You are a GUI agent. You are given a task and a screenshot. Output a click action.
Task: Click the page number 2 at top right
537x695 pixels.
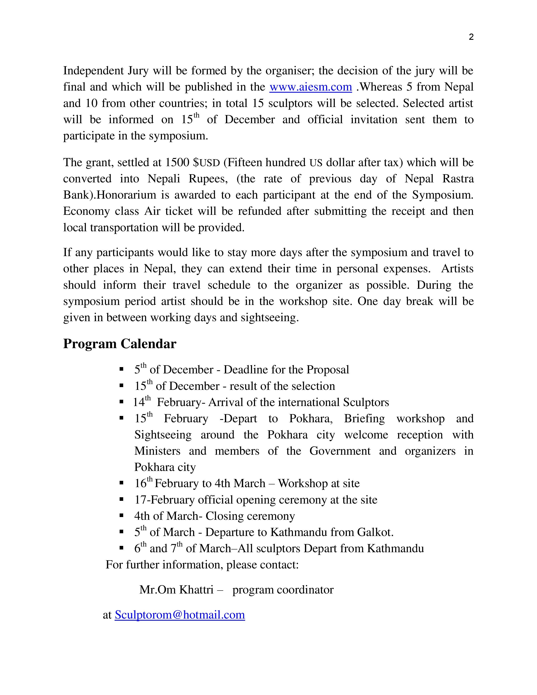click(x=471, y=37)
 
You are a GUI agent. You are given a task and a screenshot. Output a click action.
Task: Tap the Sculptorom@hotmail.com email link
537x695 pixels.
click(x=180, y=615)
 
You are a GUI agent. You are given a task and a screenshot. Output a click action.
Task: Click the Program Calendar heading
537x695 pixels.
click(x=120, y=344)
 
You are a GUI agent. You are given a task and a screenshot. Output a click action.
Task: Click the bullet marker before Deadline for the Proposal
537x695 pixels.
click(x=121, y=369)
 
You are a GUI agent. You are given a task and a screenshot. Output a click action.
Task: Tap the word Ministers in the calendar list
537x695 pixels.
click(x=157, y=451)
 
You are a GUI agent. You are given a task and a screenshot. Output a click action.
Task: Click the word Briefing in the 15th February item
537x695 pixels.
click(x=364, y=418)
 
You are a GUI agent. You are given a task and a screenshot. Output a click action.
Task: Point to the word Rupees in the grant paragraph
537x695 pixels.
click(x=208, y=179)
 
